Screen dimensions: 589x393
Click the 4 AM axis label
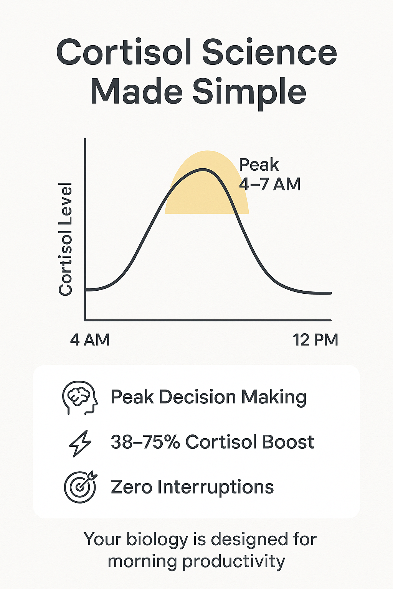(90, 340)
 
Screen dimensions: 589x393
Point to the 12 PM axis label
(315, 340)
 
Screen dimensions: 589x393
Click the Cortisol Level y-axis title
(66, 239)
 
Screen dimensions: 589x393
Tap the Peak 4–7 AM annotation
(269, 174)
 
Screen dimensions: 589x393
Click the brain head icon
(80, 398)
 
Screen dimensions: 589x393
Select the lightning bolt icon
(80, 443)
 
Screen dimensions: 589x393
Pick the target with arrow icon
(80, 487)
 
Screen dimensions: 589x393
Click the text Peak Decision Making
(208, 397)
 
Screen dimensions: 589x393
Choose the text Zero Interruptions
(192, 487)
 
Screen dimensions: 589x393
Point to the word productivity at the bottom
(233, 561)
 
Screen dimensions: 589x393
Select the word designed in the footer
(246, 540)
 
